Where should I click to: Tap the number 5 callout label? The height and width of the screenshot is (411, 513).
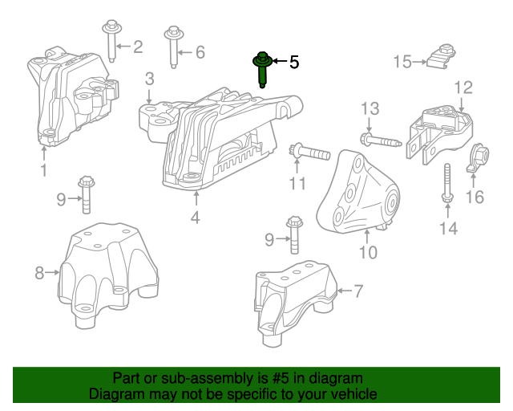(x=293, y=62)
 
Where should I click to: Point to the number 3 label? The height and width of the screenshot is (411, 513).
(x=150, y=79)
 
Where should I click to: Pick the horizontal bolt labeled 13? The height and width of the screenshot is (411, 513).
(x=380, y=141)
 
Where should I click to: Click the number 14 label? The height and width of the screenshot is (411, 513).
(x=447, y=230)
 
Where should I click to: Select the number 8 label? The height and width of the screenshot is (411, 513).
(x=39, y=274)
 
